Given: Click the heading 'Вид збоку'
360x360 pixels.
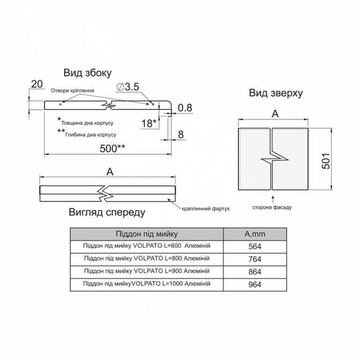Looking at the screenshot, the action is [x=87, y=73].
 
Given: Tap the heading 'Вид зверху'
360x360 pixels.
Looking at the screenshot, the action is [x=276, y=93].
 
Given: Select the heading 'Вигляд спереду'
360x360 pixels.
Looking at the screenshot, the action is [x=107, y=212].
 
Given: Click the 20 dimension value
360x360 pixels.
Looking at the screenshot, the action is [x=37, y=84].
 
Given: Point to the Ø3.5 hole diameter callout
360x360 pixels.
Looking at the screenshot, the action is [x=127, y=87].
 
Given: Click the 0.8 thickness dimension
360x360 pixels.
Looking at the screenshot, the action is [x=185, y=108].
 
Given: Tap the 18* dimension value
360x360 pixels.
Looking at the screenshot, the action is [x=149, y=123].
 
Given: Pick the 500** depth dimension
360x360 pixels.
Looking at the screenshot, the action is [x=112, y=148].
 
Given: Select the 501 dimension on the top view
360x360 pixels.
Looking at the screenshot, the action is [x=326, y=161].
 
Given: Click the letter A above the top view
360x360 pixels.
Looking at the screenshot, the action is [x=275, y=114].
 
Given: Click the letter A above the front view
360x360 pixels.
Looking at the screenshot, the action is [x=110, y=172].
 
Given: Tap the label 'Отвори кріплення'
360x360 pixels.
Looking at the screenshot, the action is [x=72, y=91].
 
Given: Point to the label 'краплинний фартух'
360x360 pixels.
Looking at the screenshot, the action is [x=206, y=209].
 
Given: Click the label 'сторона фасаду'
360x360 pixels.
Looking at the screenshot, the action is [x=272, y=207].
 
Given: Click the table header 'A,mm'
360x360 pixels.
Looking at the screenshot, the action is [x=255, y=234].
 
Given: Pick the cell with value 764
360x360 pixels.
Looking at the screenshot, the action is [x=255, y=259].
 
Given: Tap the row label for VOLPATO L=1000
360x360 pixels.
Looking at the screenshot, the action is [x=147, y=284].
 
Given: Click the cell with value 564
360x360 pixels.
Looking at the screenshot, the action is [x=255, y=246].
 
